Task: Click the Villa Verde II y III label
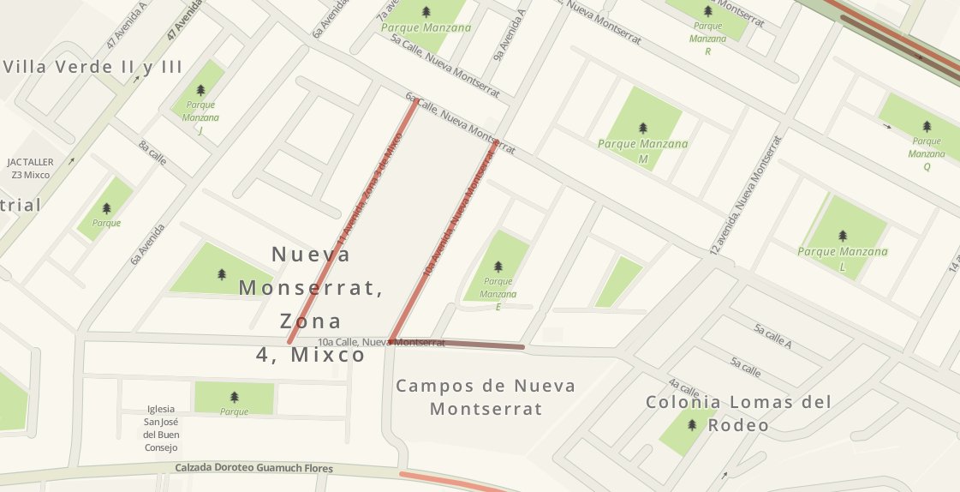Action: tap(93, 67)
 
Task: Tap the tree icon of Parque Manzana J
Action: tap(201, 90)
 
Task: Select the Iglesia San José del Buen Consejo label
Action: tap(162, 429)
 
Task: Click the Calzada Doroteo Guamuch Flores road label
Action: tap(253, 469)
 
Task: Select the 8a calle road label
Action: tap(152, 152)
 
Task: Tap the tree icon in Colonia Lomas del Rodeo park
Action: tap(691, 424)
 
